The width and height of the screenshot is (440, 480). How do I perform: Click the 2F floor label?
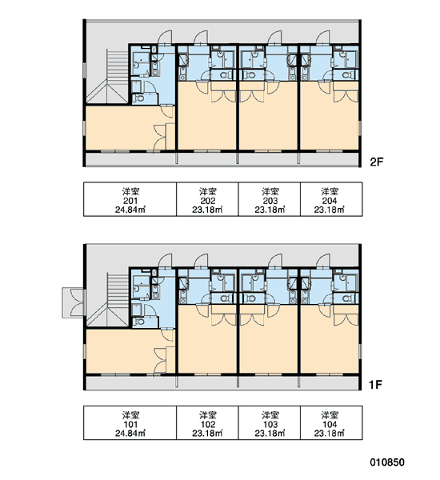pyautogui.click(x=377, y=162)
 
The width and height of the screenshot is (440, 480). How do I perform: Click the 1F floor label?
pyautogui.click(x=376, y=385)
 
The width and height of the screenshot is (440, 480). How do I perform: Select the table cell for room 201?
pyautogui.click(x=130, y=199)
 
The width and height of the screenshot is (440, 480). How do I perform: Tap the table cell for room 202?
pyautogui.click(x=207, y=199)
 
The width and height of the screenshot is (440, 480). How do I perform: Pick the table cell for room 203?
pyautogui.click(x=270, y=199)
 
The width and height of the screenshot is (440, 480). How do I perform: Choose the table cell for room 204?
pyautogui.click(x=331, y=199)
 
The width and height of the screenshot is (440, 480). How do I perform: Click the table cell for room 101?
pyautogui.click(x=130, y=422)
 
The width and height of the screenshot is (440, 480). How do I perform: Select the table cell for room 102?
pyautogui.click(x=207, y=422)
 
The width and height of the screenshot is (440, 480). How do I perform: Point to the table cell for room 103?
pyautogui.click(x=270, y=422)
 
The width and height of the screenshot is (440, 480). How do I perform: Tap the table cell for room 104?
pyautogui.click(x=331, y=422)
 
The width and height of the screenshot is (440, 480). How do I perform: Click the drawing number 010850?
pyautogui.click(x=387, y=462)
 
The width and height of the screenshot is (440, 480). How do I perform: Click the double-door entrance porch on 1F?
pyautogui.click(x=73, y=302)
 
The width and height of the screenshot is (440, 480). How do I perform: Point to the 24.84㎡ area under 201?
pyautogui.click(x=130, y=210)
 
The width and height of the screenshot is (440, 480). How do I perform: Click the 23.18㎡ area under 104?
pyautogui.click(x=330, y=433)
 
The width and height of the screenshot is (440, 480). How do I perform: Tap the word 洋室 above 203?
pyautogui.click(x=270, y=192)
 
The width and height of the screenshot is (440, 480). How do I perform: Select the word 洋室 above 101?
pyautogui.click(x=130, y=415)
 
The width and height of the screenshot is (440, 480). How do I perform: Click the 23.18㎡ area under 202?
pyautogui.click(x=207, y=210)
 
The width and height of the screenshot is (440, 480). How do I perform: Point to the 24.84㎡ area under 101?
pyautogui.click(x=130, y=433)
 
